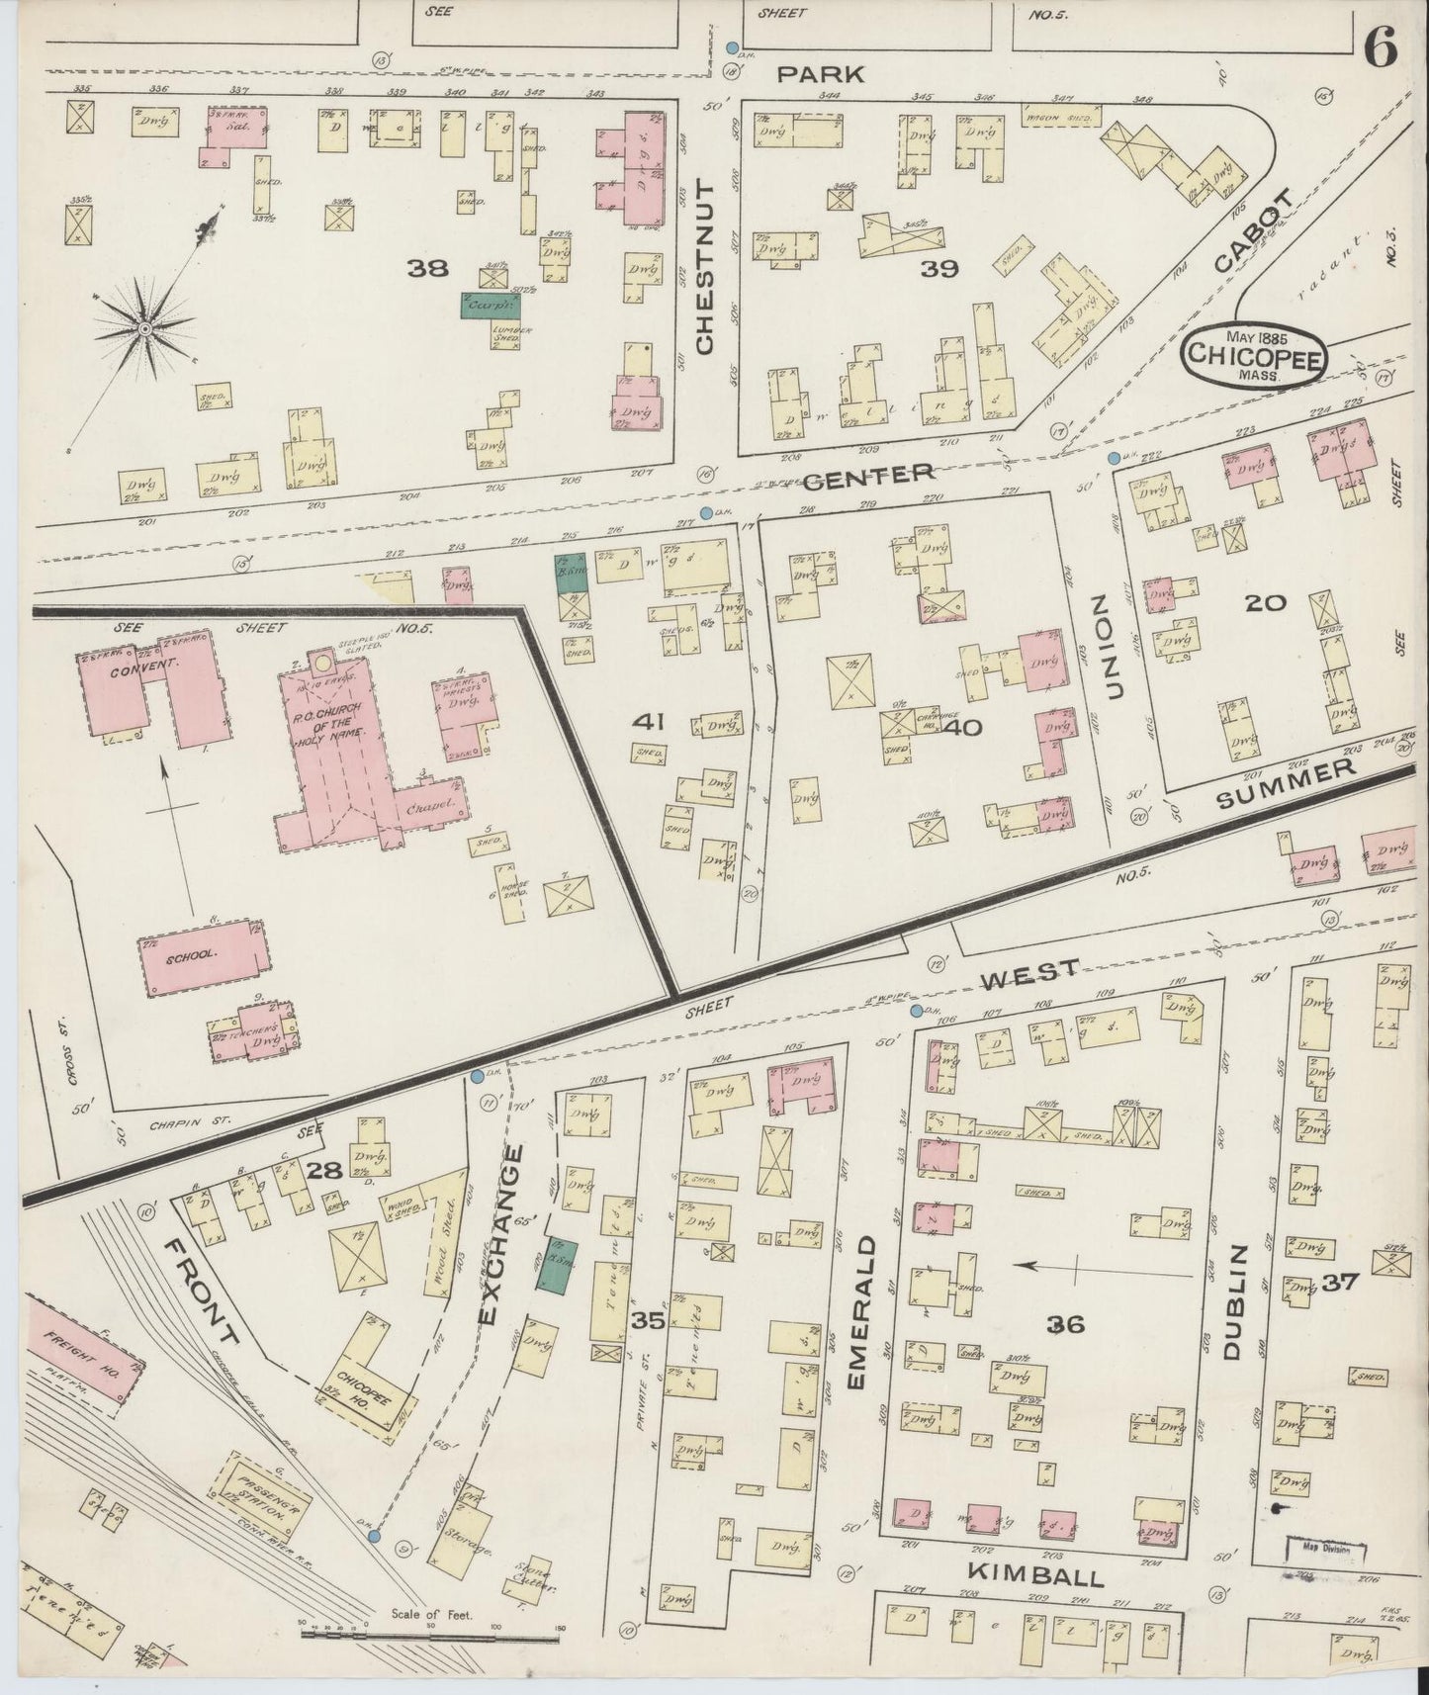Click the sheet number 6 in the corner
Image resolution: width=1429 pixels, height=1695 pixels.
coord(1382,46)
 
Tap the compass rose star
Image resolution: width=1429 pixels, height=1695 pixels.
coord(145,327)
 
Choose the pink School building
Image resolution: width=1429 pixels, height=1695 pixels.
coord(203,957)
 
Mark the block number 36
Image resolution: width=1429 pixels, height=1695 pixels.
coord(1067,1323)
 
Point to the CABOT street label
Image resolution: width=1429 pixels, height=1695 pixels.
coord(1254,230)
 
